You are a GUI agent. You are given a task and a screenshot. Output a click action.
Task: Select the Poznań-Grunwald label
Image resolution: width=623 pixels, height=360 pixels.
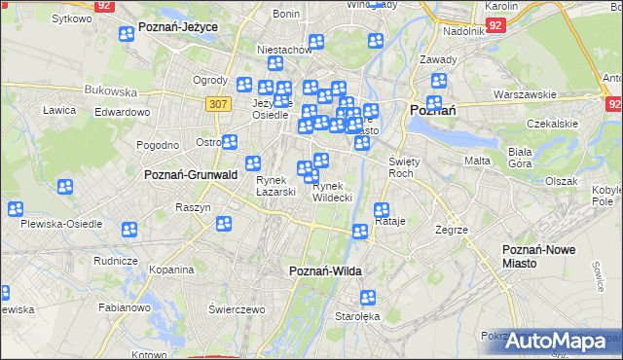191,175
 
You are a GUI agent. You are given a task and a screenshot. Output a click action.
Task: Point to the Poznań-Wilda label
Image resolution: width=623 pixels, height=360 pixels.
325,271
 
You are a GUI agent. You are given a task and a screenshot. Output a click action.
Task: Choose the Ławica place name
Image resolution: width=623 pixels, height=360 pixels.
59,110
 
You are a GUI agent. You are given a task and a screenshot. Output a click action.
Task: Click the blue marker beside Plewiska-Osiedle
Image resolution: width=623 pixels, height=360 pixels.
16,209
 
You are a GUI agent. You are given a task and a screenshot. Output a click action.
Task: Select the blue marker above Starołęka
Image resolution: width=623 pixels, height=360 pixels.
368,298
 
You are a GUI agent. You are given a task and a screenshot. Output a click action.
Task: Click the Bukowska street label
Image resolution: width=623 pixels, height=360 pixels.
111,90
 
